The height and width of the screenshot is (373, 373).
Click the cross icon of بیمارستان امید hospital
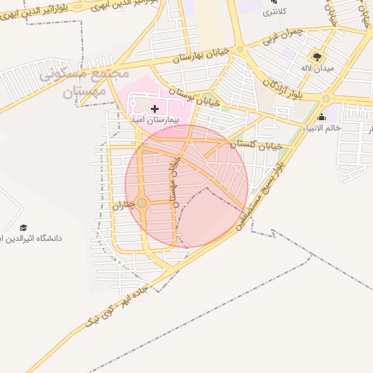(154, 109)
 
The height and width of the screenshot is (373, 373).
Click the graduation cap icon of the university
(23, 227)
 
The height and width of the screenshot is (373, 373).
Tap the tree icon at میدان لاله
(316, 55)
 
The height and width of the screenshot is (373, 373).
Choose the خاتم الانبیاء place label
(321, 129)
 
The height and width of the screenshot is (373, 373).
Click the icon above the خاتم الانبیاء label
(321, 117)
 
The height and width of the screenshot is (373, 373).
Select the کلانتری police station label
(274, 12)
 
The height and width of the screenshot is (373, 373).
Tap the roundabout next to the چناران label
(142, 203)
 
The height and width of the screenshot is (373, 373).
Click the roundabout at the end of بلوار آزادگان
(326, 98)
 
